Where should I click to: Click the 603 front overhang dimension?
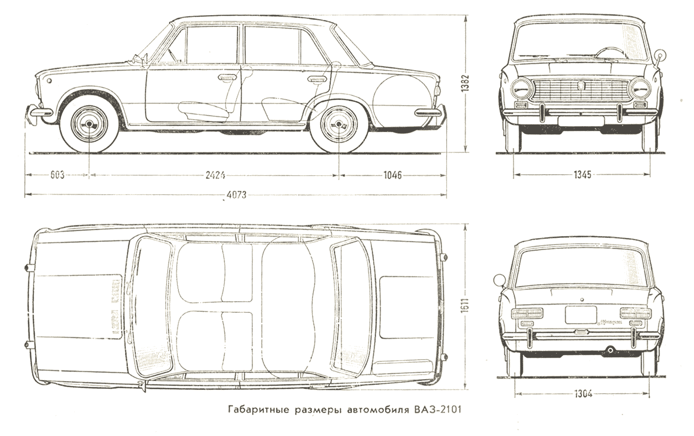pyautogui.click(x=57, y=175)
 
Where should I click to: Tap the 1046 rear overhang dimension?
pyautogui.click(x=393, y=175)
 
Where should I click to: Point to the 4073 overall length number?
pyautogui.click(x=237, y=196)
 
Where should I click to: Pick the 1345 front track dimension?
pyautogui.click(x=582, y=175)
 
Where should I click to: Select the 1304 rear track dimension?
pyautogui.click(x=582, y=395)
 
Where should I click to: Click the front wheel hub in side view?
pyautogui.click(x=89, y=124)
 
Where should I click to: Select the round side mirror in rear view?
pyautogui.click(x=499, y=280)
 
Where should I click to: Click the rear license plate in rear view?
pyautogui.click(x=581, y=315)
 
